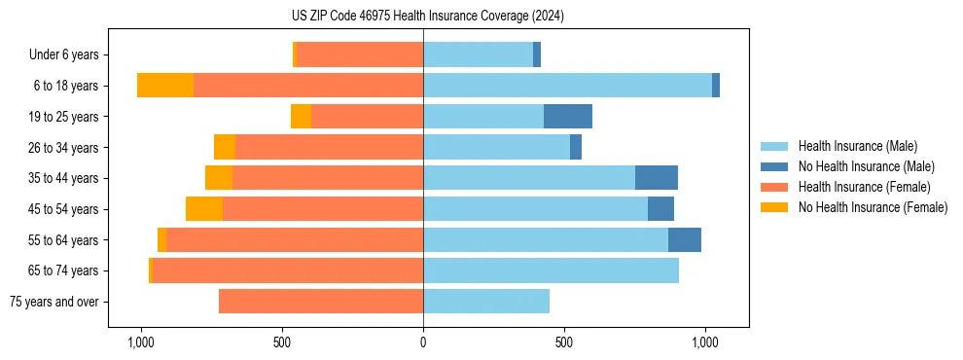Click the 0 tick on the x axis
tap(423, 342)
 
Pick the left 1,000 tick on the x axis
tap(141, 342)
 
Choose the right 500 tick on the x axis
tap(564, 342)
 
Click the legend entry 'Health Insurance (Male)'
tap(857, 146)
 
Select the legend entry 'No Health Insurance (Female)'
tap(873, 207)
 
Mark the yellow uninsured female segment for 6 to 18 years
tap(165, 86)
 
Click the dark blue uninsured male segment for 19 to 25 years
tap(568, 117)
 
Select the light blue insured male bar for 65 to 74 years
tap(551, 270)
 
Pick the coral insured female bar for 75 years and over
tap(321, 302)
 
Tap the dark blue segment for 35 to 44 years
tap(657, 178)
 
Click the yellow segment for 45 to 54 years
tap(204, 209)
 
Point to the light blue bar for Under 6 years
tap(478, 54)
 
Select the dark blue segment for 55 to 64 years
tap(685, 240)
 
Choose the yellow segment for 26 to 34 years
tap(225, 147)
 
